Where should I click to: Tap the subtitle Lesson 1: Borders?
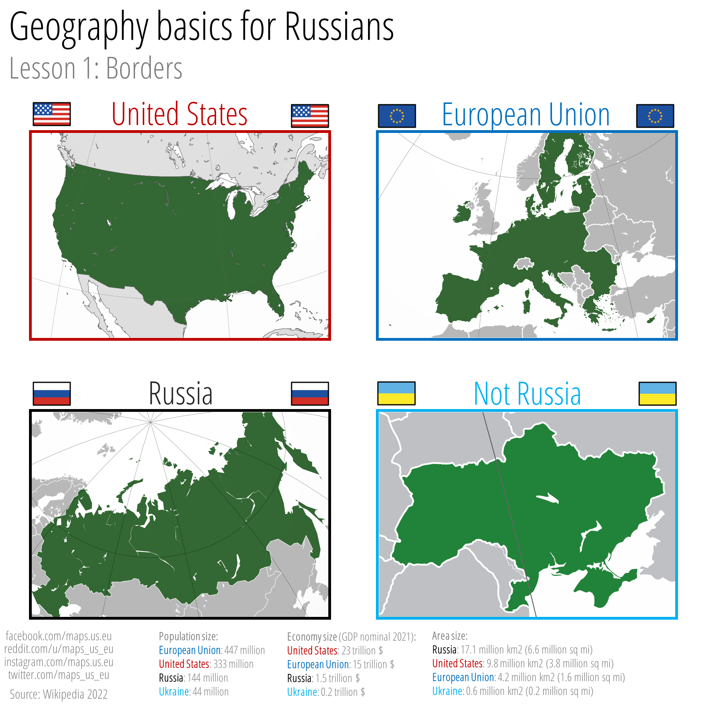[96, 68]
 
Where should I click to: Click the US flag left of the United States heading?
[51, 114]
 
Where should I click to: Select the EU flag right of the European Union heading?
[655, 116]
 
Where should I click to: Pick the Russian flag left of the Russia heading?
[51, 394]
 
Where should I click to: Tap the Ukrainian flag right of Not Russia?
[657, 394]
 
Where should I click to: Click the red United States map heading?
[179, 115]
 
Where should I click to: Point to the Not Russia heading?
[527, 394]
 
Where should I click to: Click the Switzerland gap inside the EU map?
[524, 263]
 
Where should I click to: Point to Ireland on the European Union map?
[463, 212]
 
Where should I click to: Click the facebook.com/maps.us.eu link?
[59, 636]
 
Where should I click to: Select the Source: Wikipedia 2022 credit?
[59, 694]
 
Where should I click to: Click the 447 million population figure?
[244, 650]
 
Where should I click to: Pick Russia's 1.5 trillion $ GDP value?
[337, 678]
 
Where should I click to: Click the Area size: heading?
[449, 636]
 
